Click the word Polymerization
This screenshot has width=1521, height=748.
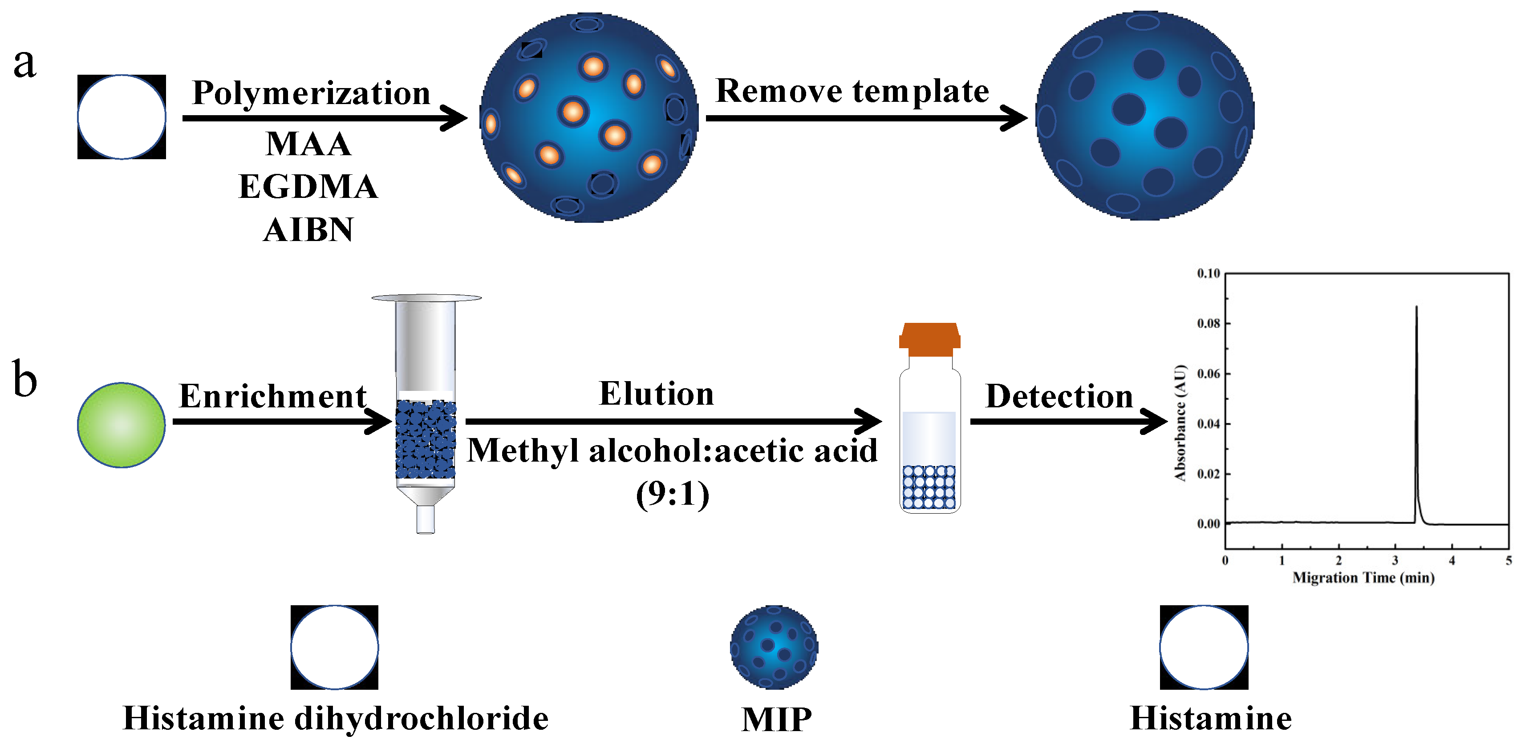[311, 93]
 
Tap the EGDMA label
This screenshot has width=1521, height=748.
[308, 187]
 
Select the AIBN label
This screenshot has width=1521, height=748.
[308, 230]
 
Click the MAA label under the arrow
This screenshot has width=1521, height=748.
[308, 144]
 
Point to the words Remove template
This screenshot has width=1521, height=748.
[852, 92]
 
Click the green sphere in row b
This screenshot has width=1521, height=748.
[121, 425]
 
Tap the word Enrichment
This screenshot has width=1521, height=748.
[272, 396]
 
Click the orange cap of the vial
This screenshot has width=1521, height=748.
[929, 339]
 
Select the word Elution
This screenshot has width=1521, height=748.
[656, 394]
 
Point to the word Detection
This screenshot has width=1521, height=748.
[1059, 396]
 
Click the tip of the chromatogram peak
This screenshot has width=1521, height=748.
[1416, 307]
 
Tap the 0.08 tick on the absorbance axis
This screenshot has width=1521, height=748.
[1208, 323]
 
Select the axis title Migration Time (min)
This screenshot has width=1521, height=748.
[1363, 578]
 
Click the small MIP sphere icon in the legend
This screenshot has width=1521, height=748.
[774, 647]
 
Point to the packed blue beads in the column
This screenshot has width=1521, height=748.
[425, 439]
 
